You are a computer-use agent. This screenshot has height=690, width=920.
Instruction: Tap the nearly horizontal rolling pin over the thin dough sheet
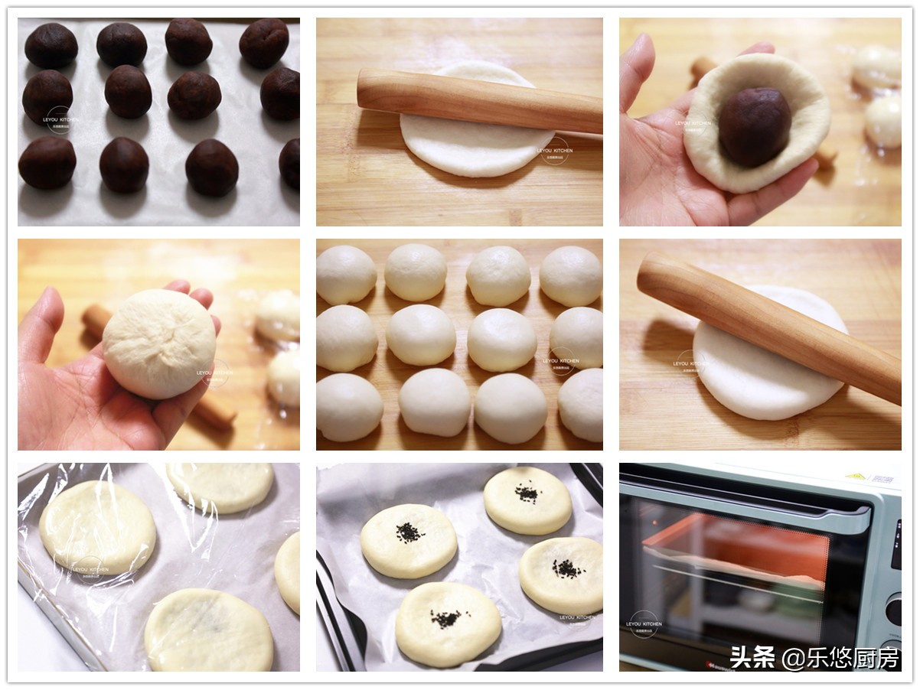coord(479,100)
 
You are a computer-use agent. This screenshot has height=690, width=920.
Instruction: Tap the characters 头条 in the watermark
coord(752,657)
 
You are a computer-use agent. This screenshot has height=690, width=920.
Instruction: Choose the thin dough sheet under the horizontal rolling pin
coord(475,145)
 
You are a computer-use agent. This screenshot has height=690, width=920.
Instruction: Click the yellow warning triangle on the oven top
coord(870,476)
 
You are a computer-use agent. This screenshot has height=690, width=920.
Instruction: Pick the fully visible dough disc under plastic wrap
coord(97,526)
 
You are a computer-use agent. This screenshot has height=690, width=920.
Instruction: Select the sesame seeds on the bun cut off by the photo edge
coord(568,568)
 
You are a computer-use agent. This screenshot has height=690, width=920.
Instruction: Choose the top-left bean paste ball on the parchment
coord(51,45)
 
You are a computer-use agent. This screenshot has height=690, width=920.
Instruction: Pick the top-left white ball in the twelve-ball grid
coord(346,274)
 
